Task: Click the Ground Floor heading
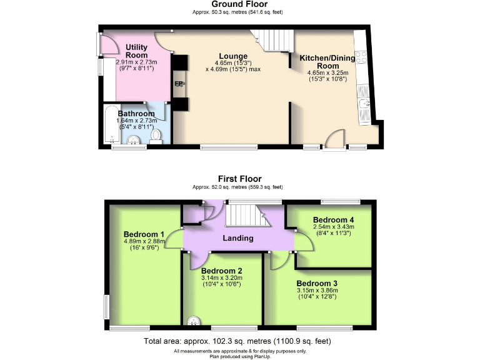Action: [240, 4]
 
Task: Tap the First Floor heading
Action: [240, 179]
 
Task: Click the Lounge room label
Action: [232, 56]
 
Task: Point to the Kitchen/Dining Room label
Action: [327, 62]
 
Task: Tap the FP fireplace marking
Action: [179, 84]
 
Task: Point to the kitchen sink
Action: [366, 104]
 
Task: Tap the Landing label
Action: [238, 238]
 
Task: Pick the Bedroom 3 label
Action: [316, 283]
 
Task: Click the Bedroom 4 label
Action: [333, 220]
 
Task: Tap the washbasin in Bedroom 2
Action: [194, 322]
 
